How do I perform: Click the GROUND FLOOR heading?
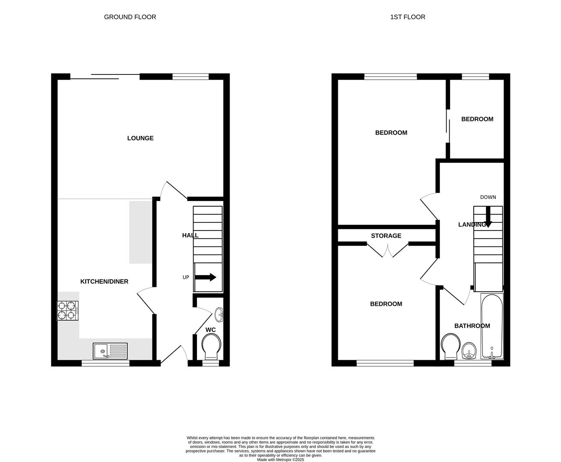130,17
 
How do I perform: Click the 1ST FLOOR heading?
407,17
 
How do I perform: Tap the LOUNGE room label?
140,138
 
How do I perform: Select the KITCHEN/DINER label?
104,281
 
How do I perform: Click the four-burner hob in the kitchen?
68,311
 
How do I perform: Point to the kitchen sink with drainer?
110,351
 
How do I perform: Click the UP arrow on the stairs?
206,277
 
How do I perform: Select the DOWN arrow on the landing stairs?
488,216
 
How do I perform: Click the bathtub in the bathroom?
492,326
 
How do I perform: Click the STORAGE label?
386,236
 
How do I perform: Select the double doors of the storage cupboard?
388,250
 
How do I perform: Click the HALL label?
190,235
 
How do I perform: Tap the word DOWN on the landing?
488,197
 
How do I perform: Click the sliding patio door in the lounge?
105,77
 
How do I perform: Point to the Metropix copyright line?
280,460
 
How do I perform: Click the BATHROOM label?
472,326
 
